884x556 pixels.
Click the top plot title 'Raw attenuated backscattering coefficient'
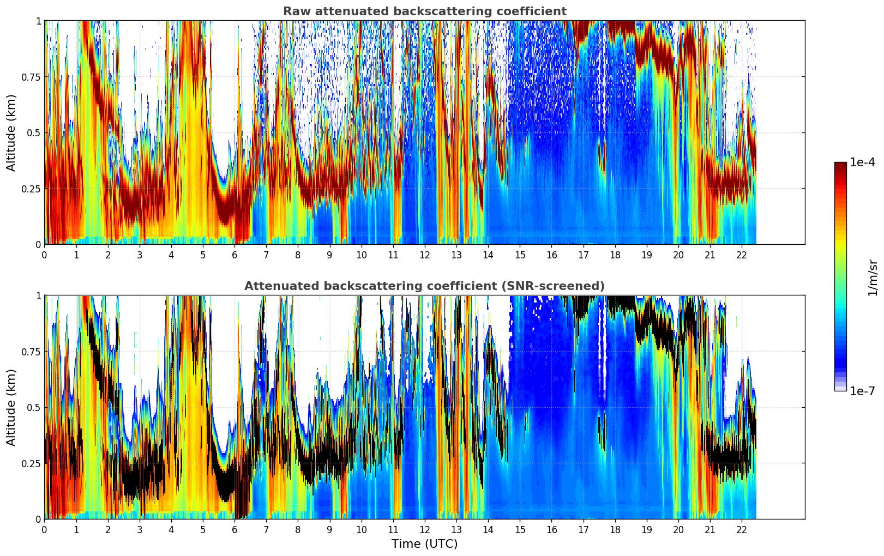(x=424, y=11)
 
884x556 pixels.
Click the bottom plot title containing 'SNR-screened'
(x=424, y=286)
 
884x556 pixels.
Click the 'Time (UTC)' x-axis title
(x=424, y=544)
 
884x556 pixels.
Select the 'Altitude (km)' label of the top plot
(x=11, y=132)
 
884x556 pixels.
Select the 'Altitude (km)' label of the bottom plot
(x=11, y=407)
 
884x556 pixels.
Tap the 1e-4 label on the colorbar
(x=862, y=162)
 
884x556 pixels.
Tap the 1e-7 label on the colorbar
(x=862, y=391)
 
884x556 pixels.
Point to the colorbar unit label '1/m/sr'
(x=872, y=278)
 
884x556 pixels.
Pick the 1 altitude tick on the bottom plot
(x=38, y=296)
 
